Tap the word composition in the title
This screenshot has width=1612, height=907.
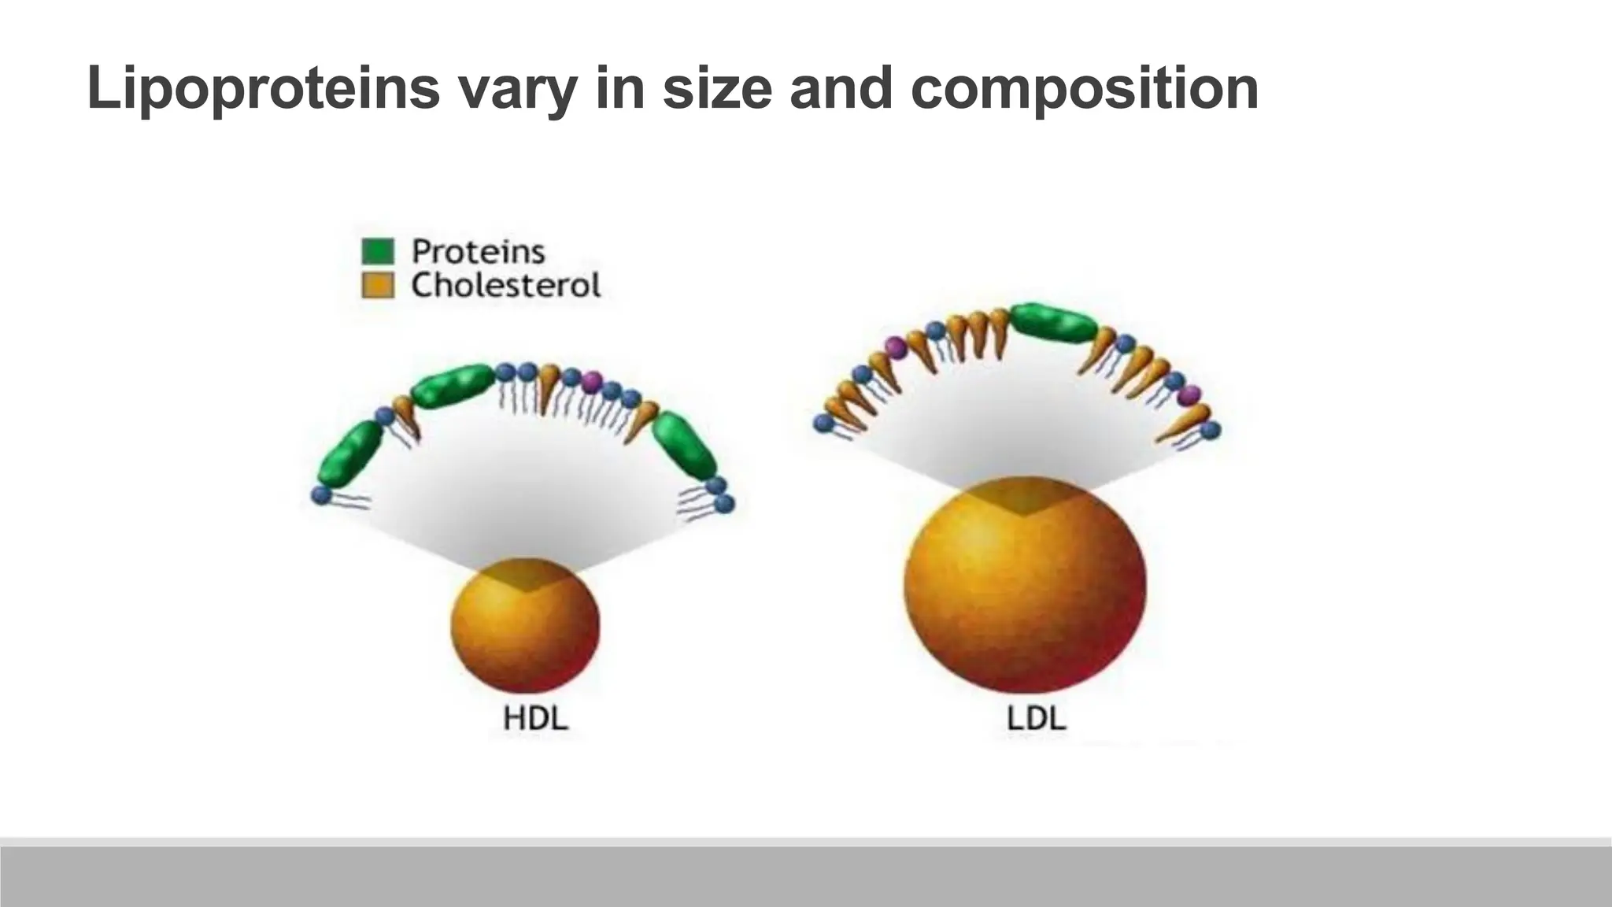[1084, 88]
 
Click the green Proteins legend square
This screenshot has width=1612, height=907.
[377, 251]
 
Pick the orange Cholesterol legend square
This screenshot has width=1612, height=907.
[377, 285]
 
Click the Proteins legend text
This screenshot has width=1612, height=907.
[478, 252]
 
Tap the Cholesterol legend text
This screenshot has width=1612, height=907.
[505, 285]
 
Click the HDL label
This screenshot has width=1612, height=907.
[535, 718]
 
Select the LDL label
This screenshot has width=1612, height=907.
[1036, 718]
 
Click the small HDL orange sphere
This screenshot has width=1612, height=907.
[525, 625]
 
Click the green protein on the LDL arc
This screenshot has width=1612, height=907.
[1053, 322]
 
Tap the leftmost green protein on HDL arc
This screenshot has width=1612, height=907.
[350, 453]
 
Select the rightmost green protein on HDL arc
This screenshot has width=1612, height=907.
[684, 445]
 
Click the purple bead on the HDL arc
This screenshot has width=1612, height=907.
[592, 383]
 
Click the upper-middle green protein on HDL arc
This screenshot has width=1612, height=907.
[453, 386]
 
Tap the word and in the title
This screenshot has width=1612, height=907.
[841, 88]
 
